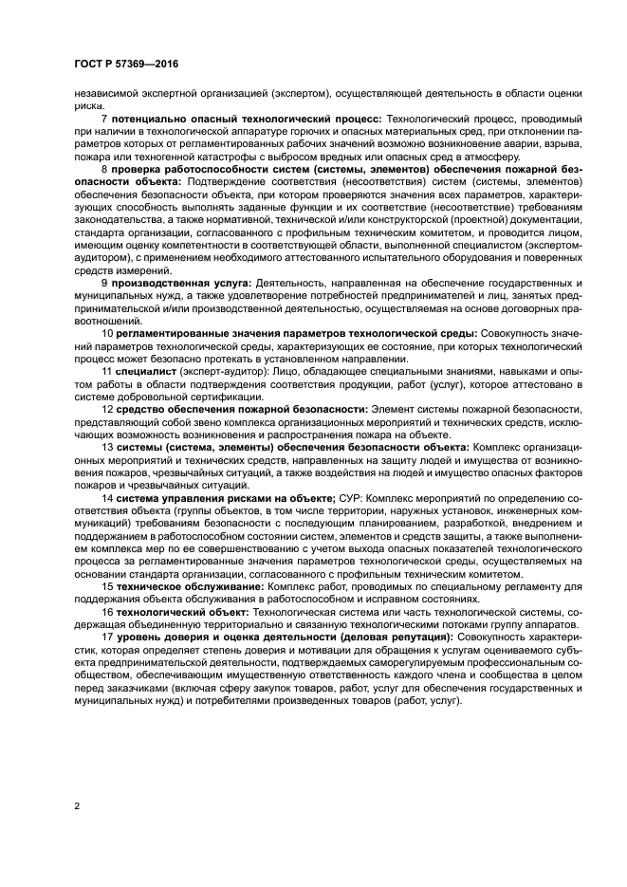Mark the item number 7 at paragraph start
pos(104,117)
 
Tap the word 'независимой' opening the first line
pos(107,92)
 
